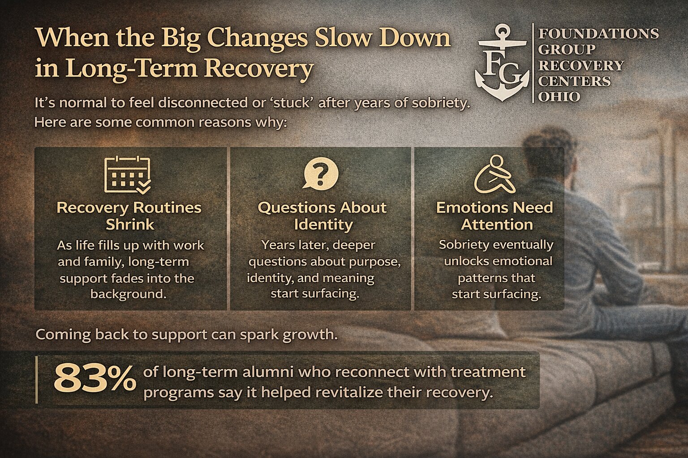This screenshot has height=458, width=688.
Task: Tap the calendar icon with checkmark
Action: [127, 174]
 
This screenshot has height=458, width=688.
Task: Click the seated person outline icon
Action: [494, 174]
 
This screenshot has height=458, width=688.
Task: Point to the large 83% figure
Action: [94, 378]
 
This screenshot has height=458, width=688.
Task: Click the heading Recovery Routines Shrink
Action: [129, 216]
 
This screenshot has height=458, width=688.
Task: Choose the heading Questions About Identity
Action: [322, 216]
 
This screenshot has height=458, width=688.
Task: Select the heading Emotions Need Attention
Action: [495, 216]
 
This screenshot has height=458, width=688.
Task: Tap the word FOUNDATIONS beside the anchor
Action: [598, 34]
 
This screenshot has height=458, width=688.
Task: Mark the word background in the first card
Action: [129, 294]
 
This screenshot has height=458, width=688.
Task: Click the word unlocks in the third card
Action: [467, 261]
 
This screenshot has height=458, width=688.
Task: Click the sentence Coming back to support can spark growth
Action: [186, 334]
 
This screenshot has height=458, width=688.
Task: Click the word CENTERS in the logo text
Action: [574, 81]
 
